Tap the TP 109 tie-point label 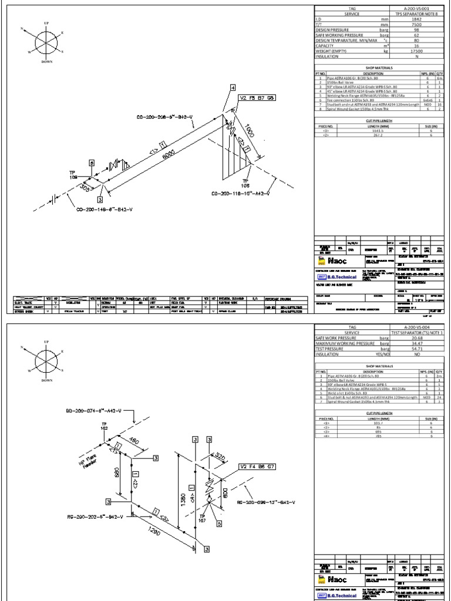[x=73, y=174]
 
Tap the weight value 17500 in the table [x=417, y=51]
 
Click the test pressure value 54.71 [x=417, y=348]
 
